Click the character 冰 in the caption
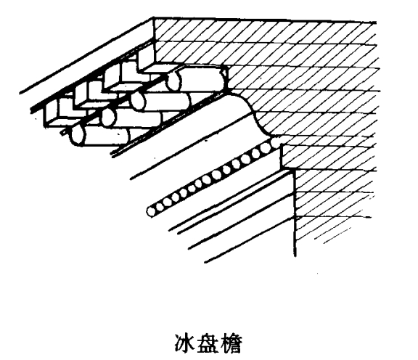(x=184, y=344)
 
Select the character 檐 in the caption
(x=231, y=344)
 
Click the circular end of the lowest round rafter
(x=78, y=136)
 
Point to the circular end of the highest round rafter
(x=174, y=81)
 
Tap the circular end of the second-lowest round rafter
(x=109, y=118)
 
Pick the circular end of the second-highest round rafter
(x=138, y=101)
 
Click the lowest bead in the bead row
(x=151, y=212)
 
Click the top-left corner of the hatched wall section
(x=154, y=18)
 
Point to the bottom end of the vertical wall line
(x=295, y=256)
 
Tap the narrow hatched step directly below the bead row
(x=288, y=157)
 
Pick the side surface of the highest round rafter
(x=200, y=79)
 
